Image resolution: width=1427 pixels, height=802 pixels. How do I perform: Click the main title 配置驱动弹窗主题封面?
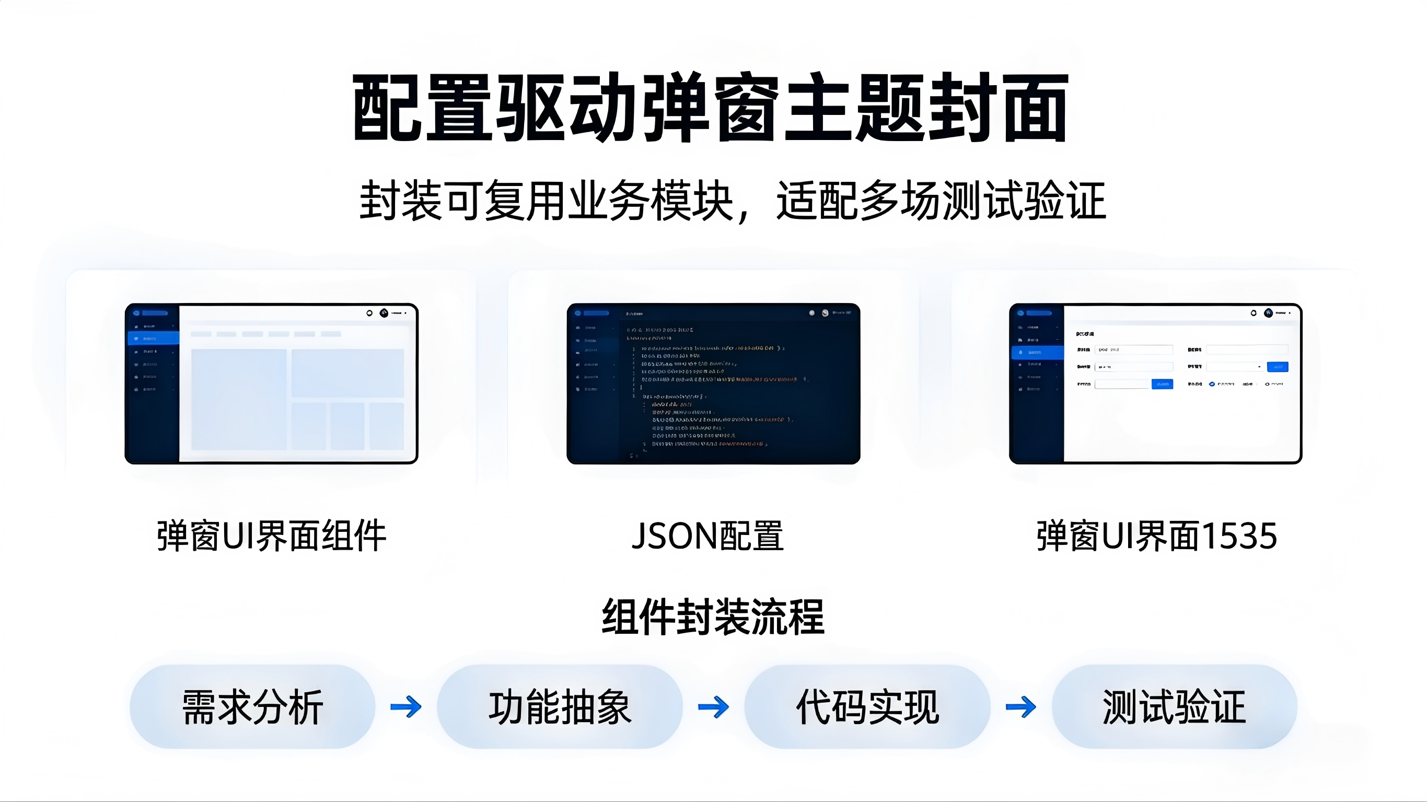pyautogui.click(x=711, y=108)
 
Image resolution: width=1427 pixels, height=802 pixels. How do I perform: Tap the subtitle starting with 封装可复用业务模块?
pyautogui.click(x=733, y=201)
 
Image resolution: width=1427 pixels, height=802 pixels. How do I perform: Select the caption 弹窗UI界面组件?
pyautogui.click(x=271, y=536)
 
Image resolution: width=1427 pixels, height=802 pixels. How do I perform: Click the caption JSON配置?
pyautogui.click(x=708, y=536)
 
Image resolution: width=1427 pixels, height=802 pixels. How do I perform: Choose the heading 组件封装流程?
pyautogui.click(x=713, y=617)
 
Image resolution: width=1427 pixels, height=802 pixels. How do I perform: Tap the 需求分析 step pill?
pyautogui.click(x=252, y=707)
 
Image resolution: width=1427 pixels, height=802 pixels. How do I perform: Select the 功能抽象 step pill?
pyautogui.click(x=560, y=707)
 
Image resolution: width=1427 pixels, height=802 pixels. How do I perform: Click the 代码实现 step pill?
pyautogui.click(x=867, y=707)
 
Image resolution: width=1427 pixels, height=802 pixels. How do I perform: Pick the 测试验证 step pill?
pyautogui.click(x=1175, y=707)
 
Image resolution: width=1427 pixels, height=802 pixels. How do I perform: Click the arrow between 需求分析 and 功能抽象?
pyautogui.click(x=406, y=707)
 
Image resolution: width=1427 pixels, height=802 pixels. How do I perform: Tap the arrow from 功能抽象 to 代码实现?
pyautogui.click(x=714, y=707)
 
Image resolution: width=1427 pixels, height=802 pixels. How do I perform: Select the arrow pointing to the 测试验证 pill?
pyautogui.click(x=1021, y=707)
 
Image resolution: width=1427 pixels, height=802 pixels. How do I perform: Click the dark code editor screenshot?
pyautogui.click(x=714, y=383)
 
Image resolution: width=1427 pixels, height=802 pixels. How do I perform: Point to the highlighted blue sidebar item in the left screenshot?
pyautogui.click(x=154, y=338)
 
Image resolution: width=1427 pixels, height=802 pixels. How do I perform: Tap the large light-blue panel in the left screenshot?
pyautogui.click(x=239, y=399)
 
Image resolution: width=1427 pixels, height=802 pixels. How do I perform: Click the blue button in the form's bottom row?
pyautogui.click(x=1162, y=385)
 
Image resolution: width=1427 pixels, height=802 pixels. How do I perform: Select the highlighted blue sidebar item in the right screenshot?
pyautogui.click(x=1038, y=352)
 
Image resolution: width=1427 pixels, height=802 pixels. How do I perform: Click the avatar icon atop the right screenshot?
pyautogui.click(x=1269, y=313)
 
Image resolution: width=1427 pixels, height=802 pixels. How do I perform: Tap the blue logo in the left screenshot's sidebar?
pyautogui.click(x=136, y=313)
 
